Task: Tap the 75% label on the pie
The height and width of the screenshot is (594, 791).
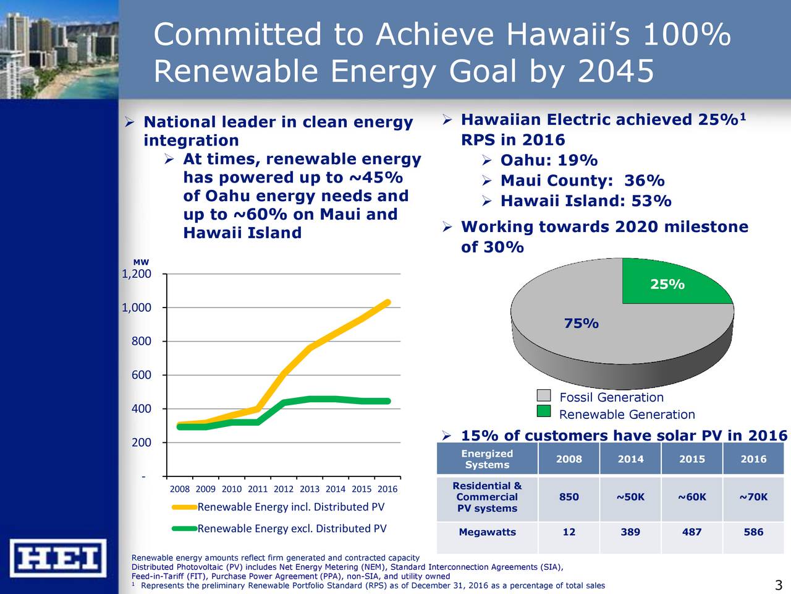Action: point(581,324)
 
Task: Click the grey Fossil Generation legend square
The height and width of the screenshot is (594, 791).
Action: point(543,396)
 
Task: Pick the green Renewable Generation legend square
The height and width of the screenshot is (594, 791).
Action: point(543,413)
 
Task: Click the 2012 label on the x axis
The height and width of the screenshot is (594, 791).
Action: point(283,489)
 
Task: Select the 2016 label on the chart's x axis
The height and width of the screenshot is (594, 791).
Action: point(387,489)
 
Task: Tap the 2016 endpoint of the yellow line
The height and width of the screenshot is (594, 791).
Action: point(388,303)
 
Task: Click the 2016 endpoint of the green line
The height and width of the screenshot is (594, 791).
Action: point(388,401)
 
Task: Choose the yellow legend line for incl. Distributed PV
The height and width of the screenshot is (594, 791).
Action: point(184,507)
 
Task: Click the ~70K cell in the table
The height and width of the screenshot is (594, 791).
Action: point(753,497)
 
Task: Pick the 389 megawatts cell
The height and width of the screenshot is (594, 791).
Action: point(630,532)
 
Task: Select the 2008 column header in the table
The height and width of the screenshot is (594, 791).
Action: point(569,459)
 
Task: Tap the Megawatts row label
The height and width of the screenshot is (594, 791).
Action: point(487,532)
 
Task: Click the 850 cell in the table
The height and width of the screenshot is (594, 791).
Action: point(569,497)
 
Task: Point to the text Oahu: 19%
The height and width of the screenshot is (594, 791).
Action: point(549,161)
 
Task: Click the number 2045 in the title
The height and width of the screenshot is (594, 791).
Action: point(615,72)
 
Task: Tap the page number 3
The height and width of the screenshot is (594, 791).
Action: point(778,586)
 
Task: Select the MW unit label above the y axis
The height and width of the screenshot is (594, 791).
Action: point(141,263)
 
